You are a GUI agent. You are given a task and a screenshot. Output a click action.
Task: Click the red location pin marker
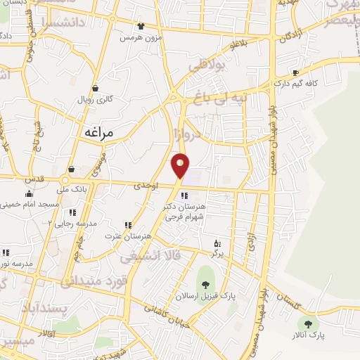(181, 165)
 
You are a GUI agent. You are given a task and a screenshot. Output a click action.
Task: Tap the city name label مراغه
(98, 131)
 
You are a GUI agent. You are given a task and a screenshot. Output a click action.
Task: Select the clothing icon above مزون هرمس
(142, 26)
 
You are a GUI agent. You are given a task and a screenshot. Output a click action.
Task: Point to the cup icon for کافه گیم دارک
(295, 72)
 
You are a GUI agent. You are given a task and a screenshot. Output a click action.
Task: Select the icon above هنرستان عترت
(127, 225)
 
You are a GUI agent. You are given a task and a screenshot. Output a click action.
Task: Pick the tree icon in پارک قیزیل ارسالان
(205, 284)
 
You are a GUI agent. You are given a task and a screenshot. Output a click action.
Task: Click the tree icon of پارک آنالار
(307, 323)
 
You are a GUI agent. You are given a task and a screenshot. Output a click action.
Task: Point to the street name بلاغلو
(239, 46)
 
